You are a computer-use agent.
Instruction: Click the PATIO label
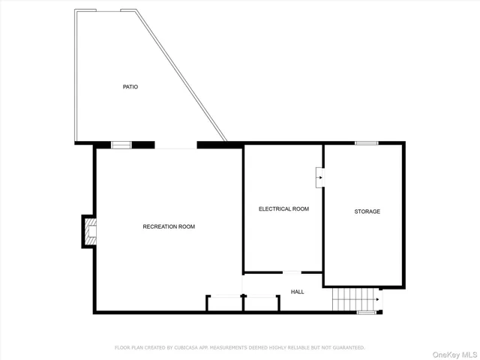(x=130, y=87)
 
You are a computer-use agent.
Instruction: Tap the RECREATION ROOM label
(x=169, y=226)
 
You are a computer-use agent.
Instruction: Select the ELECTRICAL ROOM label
(x=283, y=208)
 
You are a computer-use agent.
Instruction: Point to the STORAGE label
(x=367, y=211)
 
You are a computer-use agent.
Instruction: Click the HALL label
(x=298, y=291)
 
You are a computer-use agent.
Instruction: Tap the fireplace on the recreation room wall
(x=89, y=231)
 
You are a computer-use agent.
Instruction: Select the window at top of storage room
(x=366, y=142)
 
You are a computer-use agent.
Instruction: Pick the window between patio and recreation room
(x=121, y=145)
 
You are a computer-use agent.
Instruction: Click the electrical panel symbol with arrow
(x=319, y=178)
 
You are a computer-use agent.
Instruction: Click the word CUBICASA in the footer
(x=188, y=348)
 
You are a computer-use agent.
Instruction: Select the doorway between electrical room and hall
(x=292, y=272)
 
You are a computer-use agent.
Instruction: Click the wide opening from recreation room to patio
(x=175, y=145)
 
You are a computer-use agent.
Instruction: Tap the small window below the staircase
(x=367, y=312)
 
